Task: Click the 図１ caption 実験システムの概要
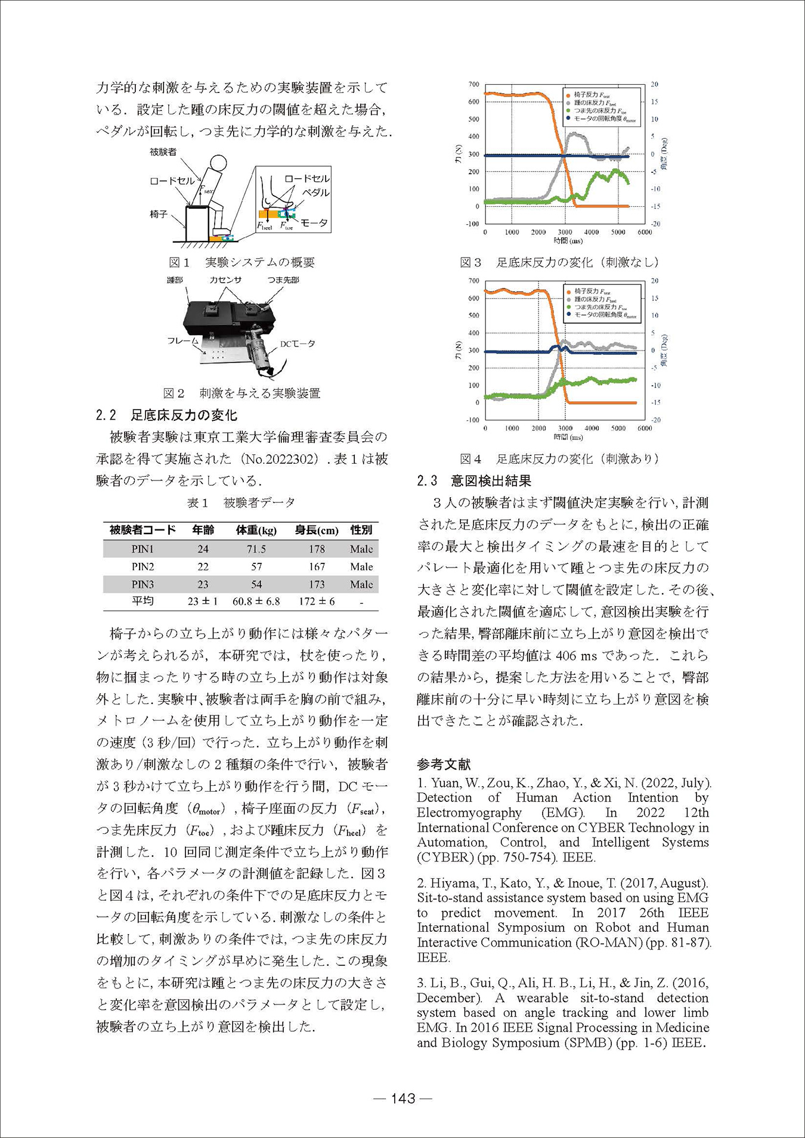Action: click(x=241, y=262)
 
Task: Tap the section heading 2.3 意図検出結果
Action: click(x=474, y=480)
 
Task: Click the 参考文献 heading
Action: click(x=444, y=764)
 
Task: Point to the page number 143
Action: click(x=402, y=1098)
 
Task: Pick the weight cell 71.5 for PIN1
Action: click(x=256, y=548)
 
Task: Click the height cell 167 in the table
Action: click(x=317, y=566)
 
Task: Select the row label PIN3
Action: click(x=143, y=584)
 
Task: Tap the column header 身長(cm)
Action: click(x=317, y=530)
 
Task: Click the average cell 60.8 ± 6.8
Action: click(x=256, y=601)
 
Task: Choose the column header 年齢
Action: click(x=203, y=530)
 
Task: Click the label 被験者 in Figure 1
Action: click(x=163, y=152)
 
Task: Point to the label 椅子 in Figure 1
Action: click(x=159, y=213)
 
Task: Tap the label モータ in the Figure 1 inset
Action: click(x=314, y=223)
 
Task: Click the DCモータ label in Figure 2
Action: click(x=298, y=344)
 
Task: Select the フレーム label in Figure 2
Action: click(x=182, y=341)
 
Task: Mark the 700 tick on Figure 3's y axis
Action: click(x=473, y=85)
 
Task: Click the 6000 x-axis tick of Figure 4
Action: click(x=645, y=428)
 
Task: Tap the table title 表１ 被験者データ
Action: click(x=241, y=503)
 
